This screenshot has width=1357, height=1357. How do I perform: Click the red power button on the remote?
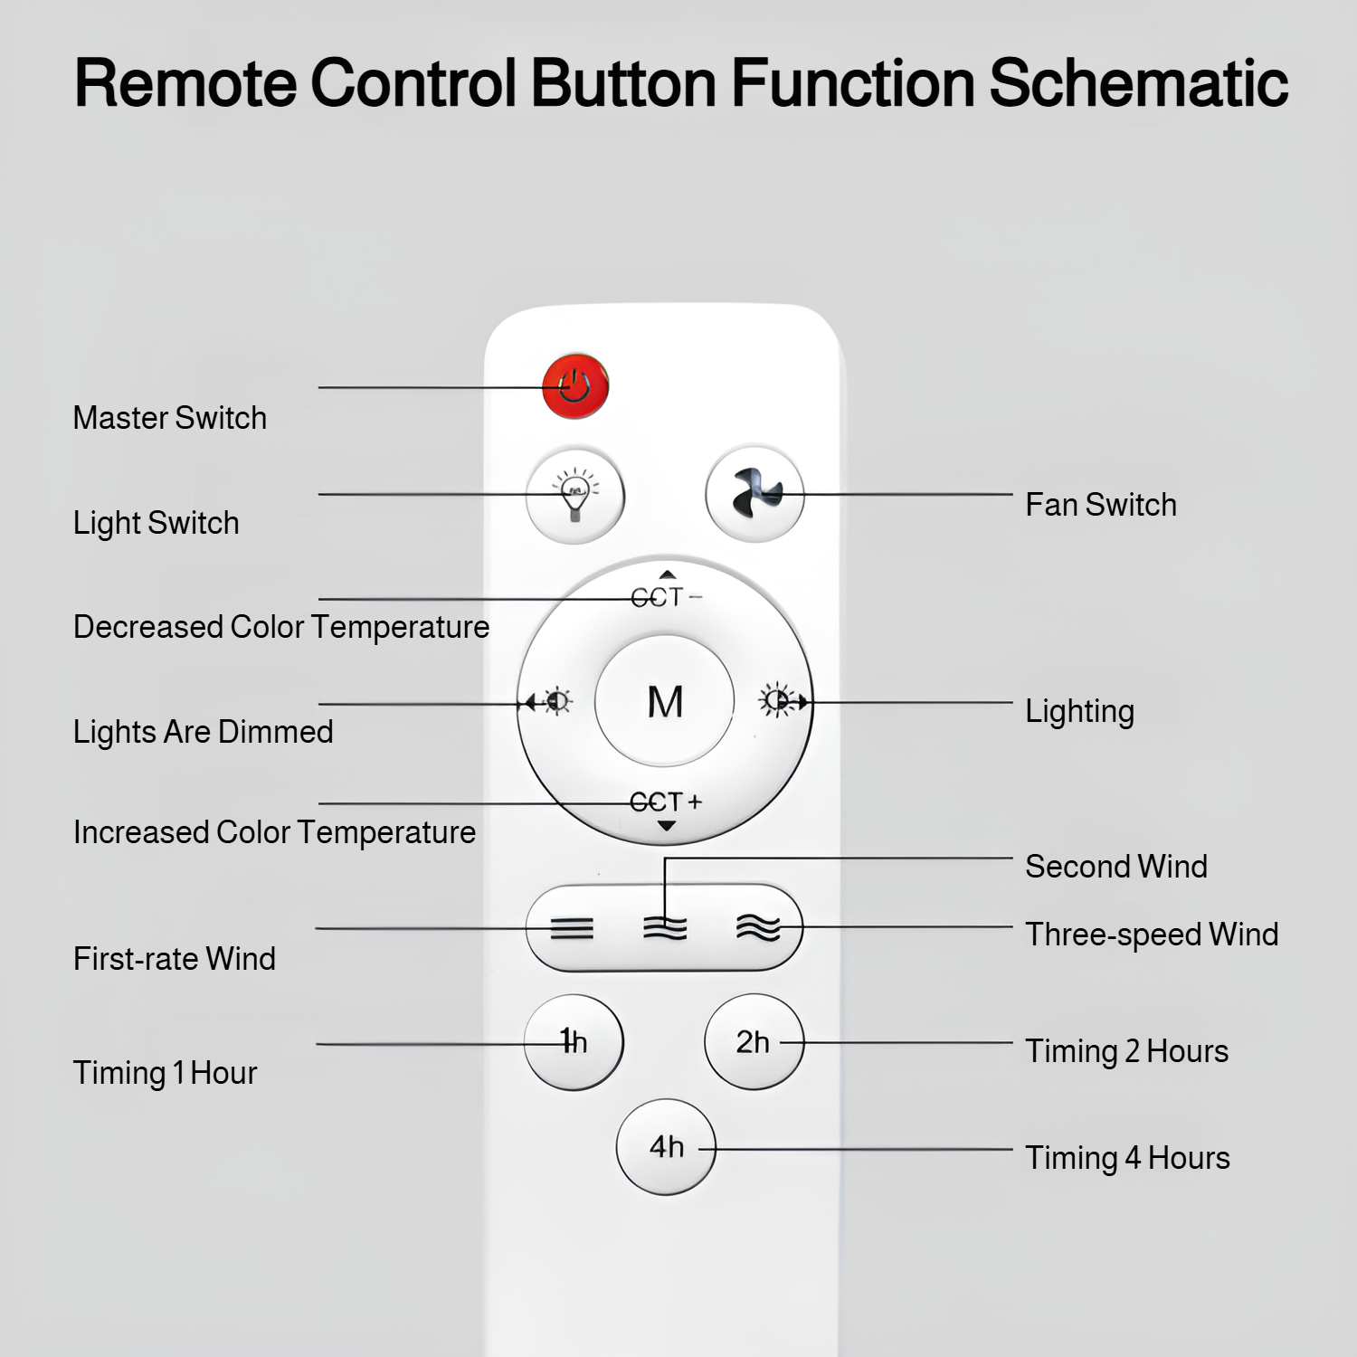[575, 386]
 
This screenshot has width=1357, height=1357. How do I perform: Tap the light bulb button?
[575, 496]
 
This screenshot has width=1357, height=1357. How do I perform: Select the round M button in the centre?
[665, 701]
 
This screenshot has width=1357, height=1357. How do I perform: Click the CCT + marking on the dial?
[666, 802]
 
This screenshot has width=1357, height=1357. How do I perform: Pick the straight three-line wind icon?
[573, 928]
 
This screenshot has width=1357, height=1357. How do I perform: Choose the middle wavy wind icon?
[665, 928]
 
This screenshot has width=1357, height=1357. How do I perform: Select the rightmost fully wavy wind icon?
[758, 928]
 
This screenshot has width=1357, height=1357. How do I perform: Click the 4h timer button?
[666, 1147]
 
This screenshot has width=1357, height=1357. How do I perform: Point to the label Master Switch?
[170, 418]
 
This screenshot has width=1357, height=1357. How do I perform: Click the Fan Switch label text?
[1101, 505]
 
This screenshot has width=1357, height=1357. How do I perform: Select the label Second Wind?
[1116, 867]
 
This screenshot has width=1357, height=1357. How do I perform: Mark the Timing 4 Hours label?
[1127, 1158]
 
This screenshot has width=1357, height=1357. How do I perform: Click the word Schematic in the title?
[1139, 83]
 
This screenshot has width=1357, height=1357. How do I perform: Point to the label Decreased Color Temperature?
[281, 627]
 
